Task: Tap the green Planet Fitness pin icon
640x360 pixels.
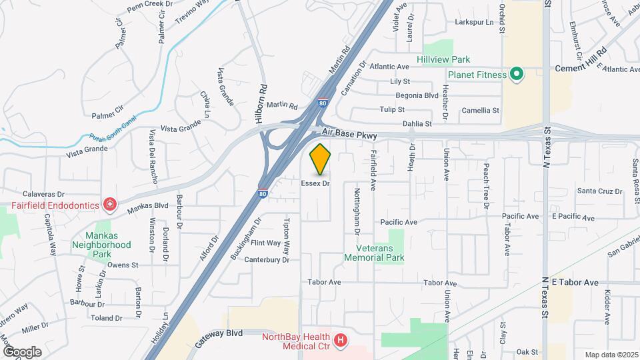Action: (x=516, y=75)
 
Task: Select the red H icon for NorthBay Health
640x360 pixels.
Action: (x=341, y=341)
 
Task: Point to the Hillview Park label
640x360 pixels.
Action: (x=443, y=59)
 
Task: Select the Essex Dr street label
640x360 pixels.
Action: (x=315, y=183)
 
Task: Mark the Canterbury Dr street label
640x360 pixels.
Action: (x=267, y=260)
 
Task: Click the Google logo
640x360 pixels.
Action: (x=21, y=351)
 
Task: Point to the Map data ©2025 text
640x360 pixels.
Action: (x=610, y=355)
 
